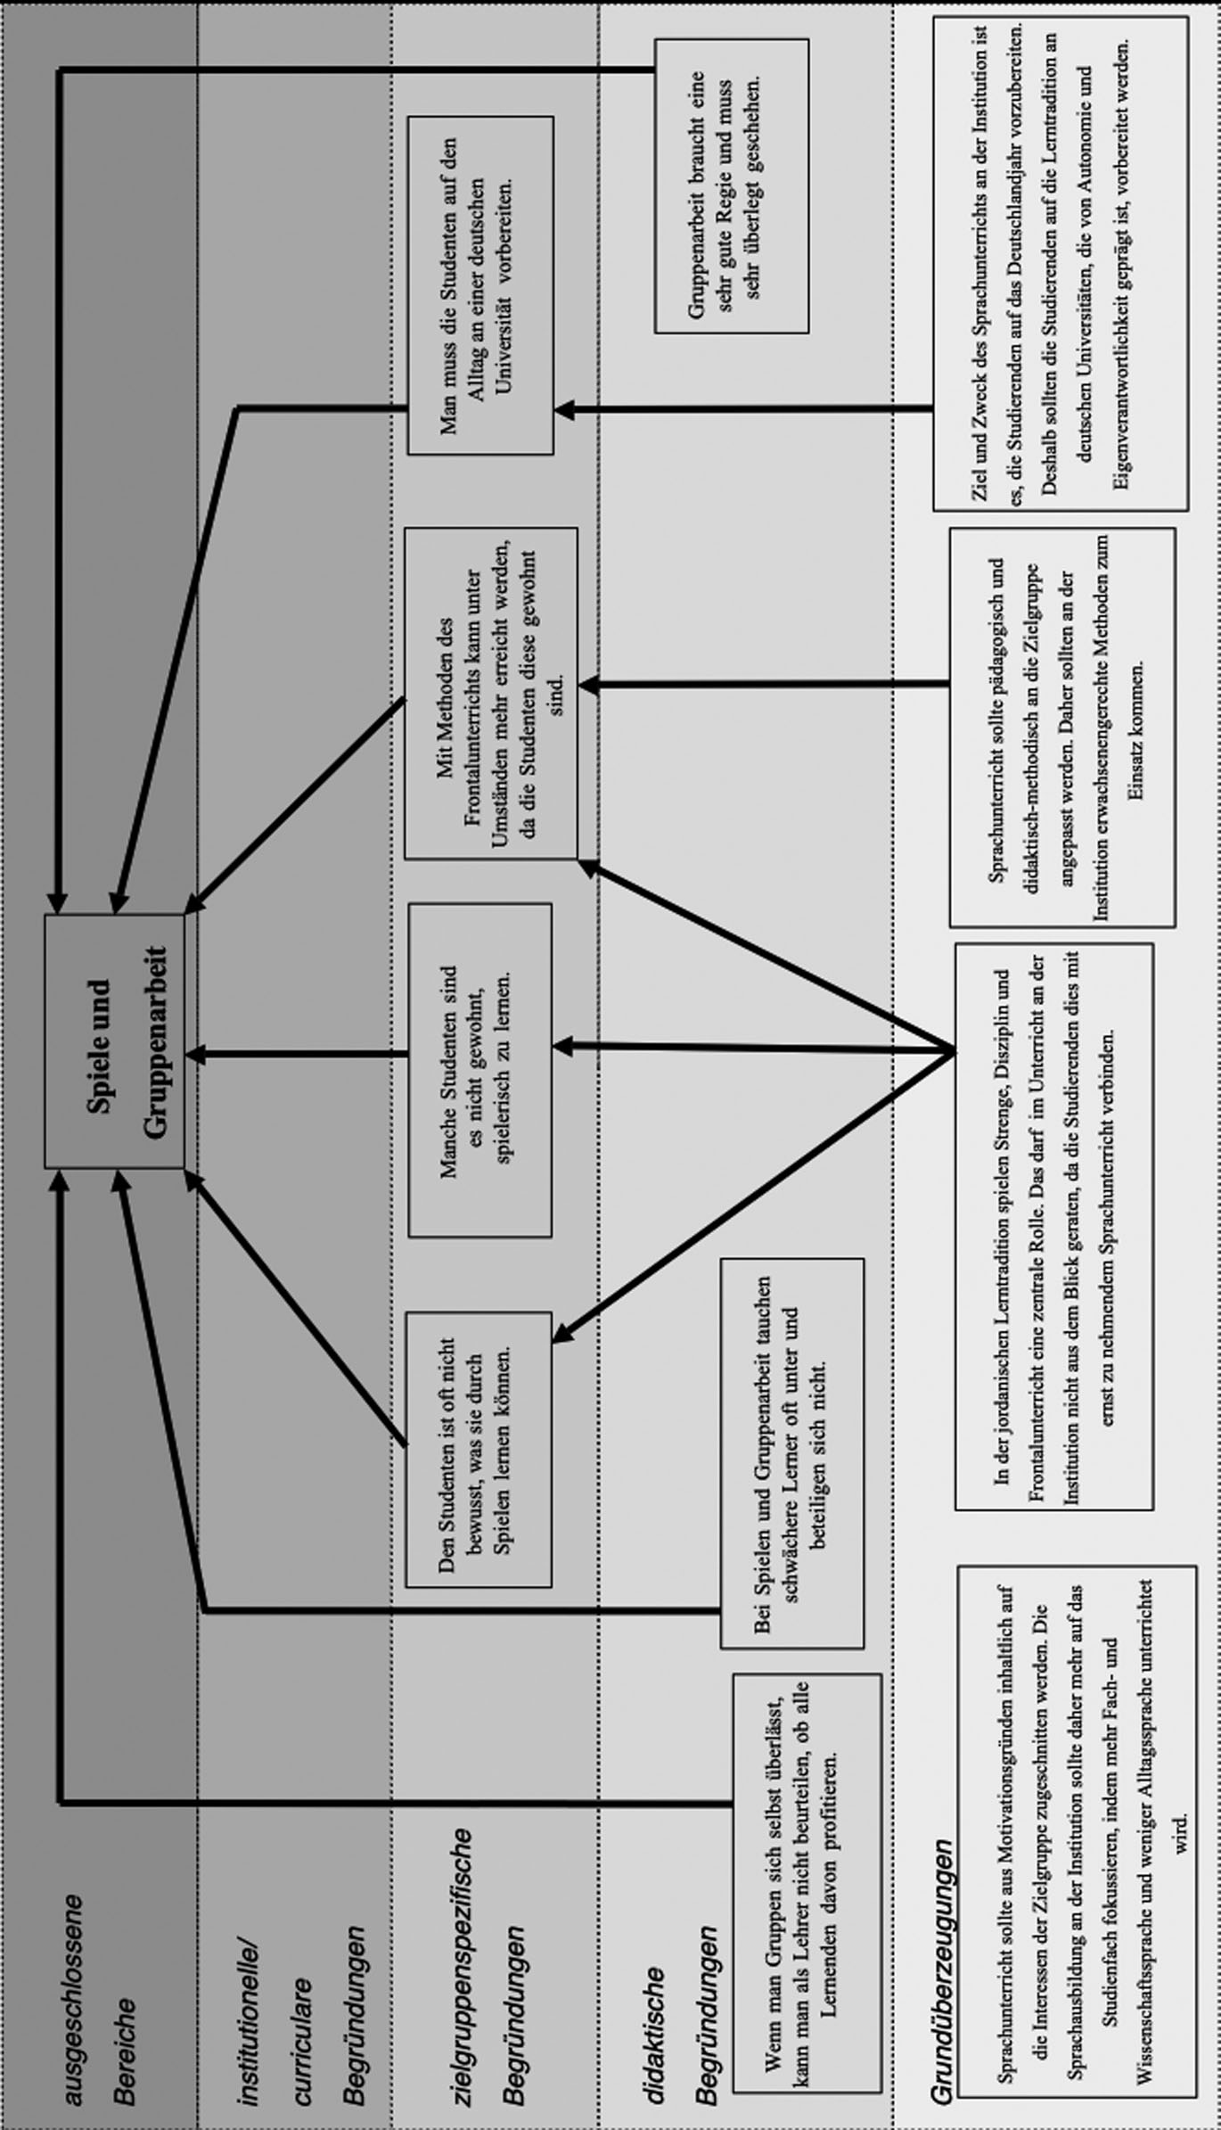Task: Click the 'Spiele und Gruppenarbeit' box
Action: (x=115, y=1040)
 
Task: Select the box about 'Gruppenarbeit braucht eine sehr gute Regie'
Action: (x=732, y=185)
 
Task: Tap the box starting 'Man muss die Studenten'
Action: (x=480, y=285)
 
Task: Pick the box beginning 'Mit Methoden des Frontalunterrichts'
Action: (x=491, y=693)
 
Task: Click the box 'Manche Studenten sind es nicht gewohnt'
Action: (x=479, y=1070)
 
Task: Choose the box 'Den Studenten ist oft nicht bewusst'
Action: (x=479, y=1449)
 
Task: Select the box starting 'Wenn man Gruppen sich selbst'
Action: (x=806, y=1867)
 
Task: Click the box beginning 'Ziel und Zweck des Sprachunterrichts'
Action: (x=1061, y=264)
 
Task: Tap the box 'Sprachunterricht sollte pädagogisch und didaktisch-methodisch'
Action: (x=1061, y=727)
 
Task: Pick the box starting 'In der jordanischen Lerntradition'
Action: (x=1054, y=1226)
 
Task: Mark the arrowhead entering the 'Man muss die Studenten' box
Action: (x=564, y=409)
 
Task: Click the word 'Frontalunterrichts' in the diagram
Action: (x=473, y=693)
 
